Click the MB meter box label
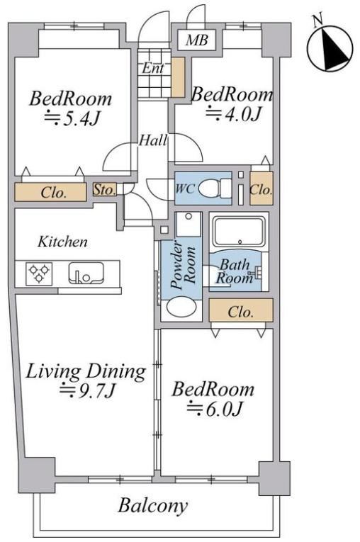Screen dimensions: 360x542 (196, 40)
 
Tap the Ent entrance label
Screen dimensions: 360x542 (152, 68)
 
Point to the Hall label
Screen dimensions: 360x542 (153, 140)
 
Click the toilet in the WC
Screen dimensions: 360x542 (215, 188)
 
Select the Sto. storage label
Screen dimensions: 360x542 (104, 189)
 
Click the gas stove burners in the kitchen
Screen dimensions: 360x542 (39, 273)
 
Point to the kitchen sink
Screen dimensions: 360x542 (86, 273)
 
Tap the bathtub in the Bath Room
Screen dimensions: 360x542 (239, 232)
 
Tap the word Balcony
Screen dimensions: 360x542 (153, 507)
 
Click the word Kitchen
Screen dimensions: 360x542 (62, 242)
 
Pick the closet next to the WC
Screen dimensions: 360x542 (261, 188)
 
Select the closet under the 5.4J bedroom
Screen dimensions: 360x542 (50, 192)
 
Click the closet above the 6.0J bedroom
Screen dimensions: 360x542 (242, 310)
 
